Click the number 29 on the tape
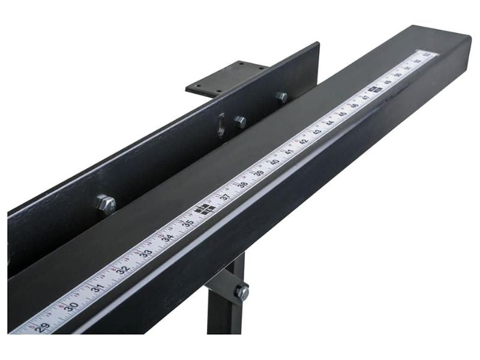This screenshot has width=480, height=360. [x=41, y=328]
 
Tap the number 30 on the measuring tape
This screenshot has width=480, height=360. [x=71, y=306]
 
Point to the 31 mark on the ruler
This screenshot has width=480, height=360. [x=98, y=287]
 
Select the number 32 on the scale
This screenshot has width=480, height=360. [x=123, y=269]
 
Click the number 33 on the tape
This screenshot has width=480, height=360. [x=147, y=253]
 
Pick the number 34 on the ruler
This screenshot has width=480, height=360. [x=169, y=237]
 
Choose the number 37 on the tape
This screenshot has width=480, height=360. [x=226, y=196]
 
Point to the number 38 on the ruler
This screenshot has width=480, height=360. [x=243, y=184]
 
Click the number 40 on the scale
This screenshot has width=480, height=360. [x=275, y=161]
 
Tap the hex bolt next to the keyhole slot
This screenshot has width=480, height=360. [x=240, y=122]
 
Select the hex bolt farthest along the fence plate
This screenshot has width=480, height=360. [x=281, y=96]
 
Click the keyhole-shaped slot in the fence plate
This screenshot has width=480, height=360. [x=221, y=124]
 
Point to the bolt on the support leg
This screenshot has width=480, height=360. [x=241, y=292]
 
